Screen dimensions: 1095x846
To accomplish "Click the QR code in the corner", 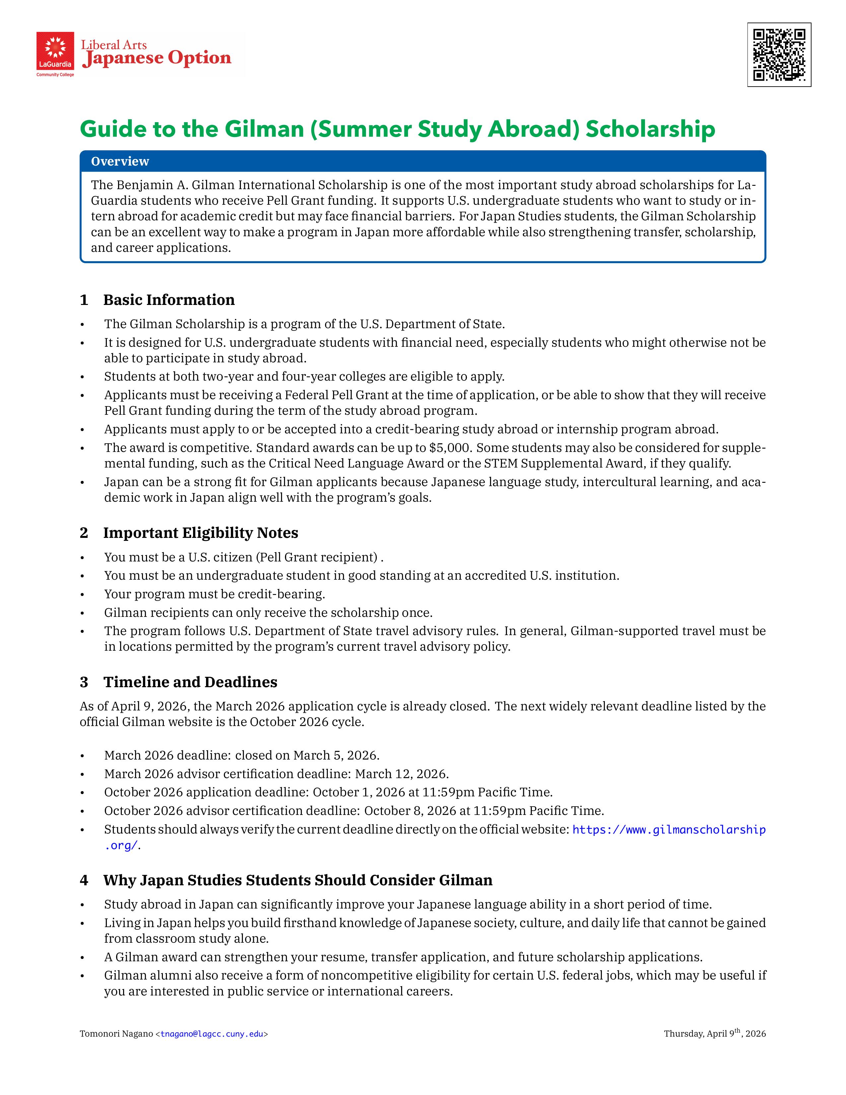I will point(779,55).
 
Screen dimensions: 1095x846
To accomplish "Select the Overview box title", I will point(120,162).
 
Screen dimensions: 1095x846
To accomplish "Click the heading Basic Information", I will point(169,300).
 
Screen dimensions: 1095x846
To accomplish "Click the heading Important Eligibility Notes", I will point(200,533).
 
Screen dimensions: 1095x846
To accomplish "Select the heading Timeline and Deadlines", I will point(190,682).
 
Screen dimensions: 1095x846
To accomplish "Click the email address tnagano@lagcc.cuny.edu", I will point(212,1034).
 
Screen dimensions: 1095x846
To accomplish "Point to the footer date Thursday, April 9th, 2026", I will point(715,1034).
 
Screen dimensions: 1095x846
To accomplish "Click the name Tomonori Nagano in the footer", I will point(116,1034).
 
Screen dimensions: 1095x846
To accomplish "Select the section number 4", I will point(84,880).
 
